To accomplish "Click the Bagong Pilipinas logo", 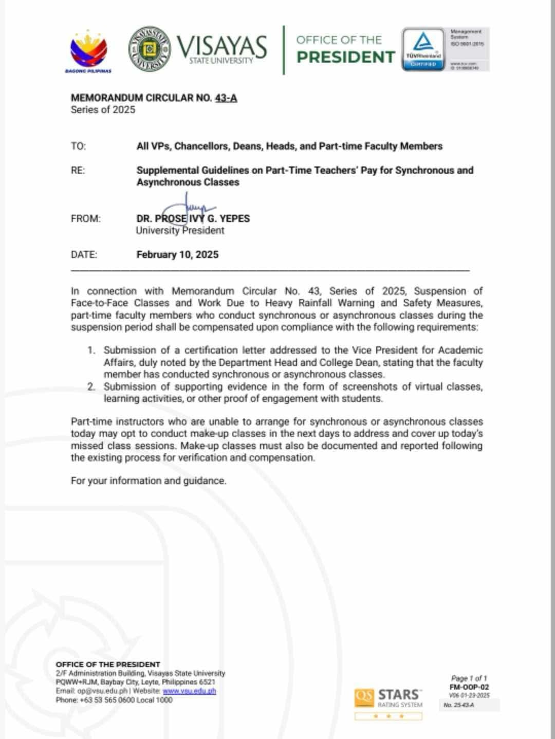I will click(88, 51).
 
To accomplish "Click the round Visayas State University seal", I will click(149, 49).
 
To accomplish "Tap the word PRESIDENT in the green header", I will click(346, 57).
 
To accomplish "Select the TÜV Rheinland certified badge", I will click(423, 49).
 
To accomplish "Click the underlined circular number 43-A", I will click(226, 98).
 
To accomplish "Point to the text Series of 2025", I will click(103, 109).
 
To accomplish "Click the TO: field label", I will click(78, 146).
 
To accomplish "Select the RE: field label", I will click(78, 170).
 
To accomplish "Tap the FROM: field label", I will click(85, 218).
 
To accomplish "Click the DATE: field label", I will click(84, 254).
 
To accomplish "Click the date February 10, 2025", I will click(177, 254).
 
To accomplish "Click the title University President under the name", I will click(180, 230).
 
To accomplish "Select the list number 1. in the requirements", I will click(91, 350).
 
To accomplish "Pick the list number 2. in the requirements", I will click(91, 386).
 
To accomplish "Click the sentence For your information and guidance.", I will click(149, 481).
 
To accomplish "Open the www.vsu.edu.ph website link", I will click(189, 691).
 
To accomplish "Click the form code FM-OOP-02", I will click(469, 687).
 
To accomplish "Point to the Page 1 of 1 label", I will click(469, 678).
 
